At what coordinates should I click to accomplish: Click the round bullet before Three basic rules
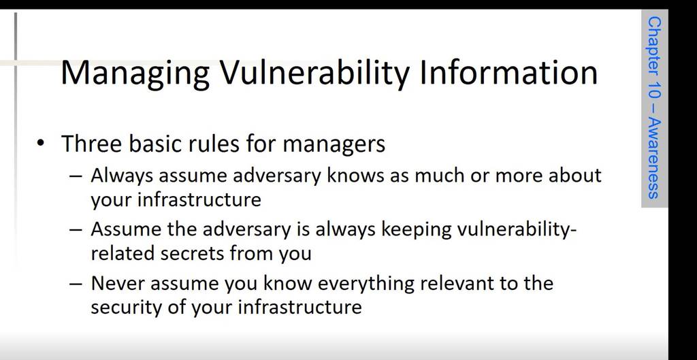point(42,143)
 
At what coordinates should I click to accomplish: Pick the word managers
point(334,144)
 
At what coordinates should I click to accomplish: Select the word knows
point(356,176)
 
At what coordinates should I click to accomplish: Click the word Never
point(117,284)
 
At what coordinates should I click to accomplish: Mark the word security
point(126,308)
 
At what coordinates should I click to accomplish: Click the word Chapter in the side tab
point(654,44)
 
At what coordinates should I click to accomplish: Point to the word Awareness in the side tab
point(654,158)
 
